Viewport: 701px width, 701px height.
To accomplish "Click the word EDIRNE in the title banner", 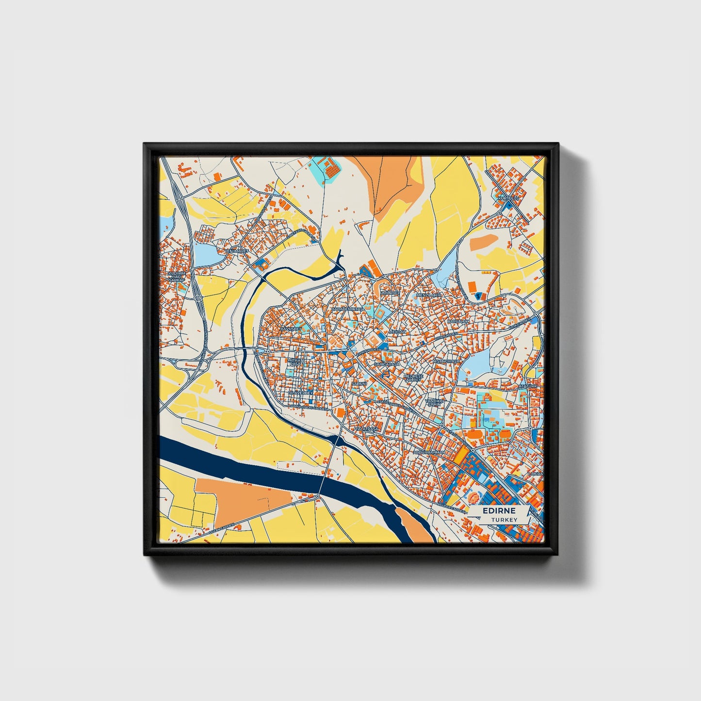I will point(499,511).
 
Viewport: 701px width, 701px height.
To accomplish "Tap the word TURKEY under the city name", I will point(504,520).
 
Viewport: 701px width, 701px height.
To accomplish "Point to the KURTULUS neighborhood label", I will point(508,198).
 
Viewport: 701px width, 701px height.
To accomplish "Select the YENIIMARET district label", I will point(236,251).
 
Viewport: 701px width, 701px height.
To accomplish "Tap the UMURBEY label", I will point(391,293).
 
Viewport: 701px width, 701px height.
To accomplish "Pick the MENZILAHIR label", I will point(429,295).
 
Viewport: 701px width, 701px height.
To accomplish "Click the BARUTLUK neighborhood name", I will point(458,321).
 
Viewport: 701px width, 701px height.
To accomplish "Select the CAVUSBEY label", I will point(291,329).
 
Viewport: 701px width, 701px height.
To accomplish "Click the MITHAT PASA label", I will point(295,362).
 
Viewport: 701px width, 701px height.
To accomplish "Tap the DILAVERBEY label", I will point(298,393).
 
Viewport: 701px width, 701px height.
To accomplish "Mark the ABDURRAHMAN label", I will point(429,452).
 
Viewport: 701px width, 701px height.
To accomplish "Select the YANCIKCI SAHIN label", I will point(435,403).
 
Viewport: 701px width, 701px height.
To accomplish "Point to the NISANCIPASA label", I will point(446,361).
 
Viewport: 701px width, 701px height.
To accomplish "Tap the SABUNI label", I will point(359,383).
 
